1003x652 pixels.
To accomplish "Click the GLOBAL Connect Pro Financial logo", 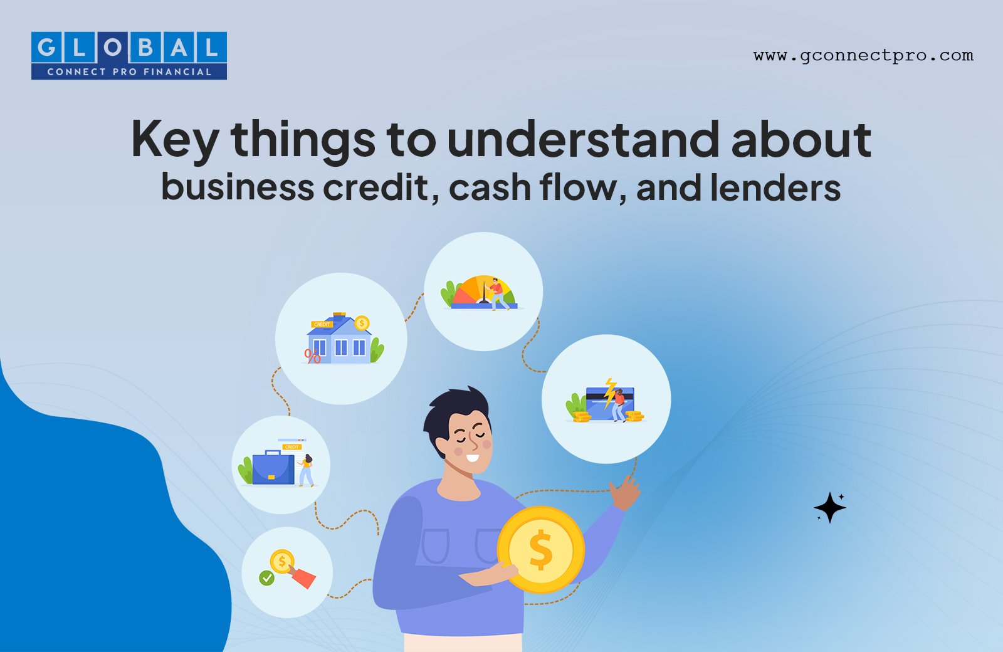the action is (x=129, y=56).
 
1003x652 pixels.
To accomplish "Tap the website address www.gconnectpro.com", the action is (x=863, y=56).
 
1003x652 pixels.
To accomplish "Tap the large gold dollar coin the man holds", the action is (x=541, y=550).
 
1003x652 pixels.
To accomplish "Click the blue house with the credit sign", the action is (x=339, y=340).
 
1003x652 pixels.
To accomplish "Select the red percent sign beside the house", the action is (x=313, y=357).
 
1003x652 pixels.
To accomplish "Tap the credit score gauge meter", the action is (x=483, y=293).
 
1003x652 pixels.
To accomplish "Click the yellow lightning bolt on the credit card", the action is (x=610, y=392).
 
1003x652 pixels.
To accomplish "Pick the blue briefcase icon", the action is (x=273, y=467).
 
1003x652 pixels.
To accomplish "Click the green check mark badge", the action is (x=267, y=577).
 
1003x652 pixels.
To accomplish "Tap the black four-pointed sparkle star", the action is (x=830, y=507).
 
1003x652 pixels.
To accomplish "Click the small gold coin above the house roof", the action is (x=361, y=323).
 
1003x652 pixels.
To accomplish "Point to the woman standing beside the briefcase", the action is (x=307, y=470).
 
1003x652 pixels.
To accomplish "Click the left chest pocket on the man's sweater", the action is (x=435, y=546).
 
